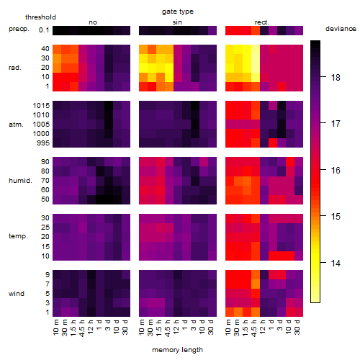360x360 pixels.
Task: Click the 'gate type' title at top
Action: (178, 12)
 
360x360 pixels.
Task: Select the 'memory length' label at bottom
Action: (177, 350)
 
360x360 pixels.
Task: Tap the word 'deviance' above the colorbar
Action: (341, 29)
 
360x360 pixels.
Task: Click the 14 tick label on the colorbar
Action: (336, 264)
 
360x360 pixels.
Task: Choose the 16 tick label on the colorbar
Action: (336, 171)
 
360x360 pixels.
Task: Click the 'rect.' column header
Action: (262, 22)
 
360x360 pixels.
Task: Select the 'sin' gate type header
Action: (177, 22)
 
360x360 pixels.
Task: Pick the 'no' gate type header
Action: (93, 22)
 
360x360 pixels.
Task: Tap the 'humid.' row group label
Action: (20, 181)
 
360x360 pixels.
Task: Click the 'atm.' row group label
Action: (16, 125)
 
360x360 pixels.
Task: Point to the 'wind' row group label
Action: (17, 294)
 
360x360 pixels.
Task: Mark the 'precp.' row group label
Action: (19, 29)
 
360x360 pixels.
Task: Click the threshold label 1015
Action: (41, 106)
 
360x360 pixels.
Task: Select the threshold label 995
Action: (43, 143)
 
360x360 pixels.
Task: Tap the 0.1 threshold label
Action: (44, 30)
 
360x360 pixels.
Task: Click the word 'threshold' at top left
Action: (40, 17)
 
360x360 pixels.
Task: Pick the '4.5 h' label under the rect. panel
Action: (253, 328)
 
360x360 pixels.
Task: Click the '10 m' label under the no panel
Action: (55, 327)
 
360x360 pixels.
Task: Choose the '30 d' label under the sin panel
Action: (210, 327)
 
